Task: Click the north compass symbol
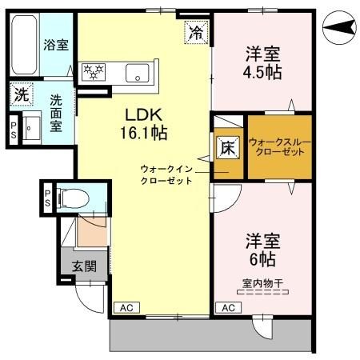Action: point(339,29)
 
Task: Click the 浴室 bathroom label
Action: point(56,46)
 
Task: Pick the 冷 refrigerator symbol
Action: point(194,32)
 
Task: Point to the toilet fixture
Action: point(73,198)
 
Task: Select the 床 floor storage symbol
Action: point(227,146)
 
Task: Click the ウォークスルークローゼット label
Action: point(277,147)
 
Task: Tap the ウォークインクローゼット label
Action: point(166,174)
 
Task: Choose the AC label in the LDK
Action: point(126,307)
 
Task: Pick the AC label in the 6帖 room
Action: point(228,307)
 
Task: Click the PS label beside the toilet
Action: point(48,198)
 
